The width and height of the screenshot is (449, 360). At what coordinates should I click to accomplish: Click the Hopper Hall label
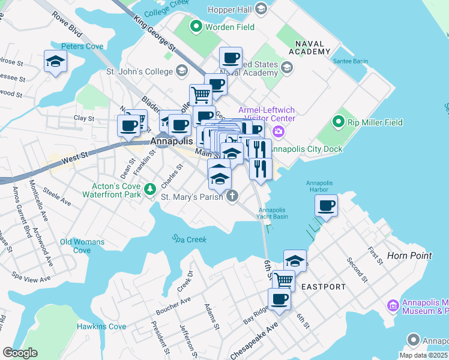pos(230,9)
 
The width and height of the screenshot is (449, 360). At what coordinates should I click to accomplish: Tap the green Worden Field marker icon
pos(196,27)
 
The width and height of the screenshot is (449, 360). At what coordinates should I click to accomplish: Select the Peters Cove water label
pos(82,46)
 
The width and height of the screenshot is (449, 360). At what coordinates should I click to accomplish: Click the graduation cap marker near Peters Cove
pos(56,61)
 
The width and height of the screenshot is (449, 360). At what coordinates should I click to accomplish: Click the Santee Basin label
pos(351,53)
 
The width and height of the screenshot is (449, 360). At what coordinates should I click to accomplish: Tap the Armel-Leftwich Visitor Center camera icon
pos(278,131)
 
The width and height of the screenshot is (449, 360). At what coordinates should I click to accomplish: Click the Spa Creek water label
pos(189,239)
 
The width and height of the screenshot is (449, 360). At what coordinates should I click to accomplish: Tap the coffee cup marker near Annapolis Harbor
pos(327,205)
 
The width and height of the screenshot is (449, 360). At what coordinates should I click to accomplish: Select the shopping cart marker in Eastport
pos(283,280)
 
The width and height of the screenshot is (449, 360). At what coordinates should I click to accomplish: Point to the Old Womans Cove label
pos(82,246)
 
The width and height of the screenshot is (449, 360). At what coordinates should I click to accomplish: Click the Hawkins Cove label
pos(101,326)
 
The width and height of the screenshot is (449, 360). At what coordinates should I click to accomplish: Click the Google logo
pos(20,353)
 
